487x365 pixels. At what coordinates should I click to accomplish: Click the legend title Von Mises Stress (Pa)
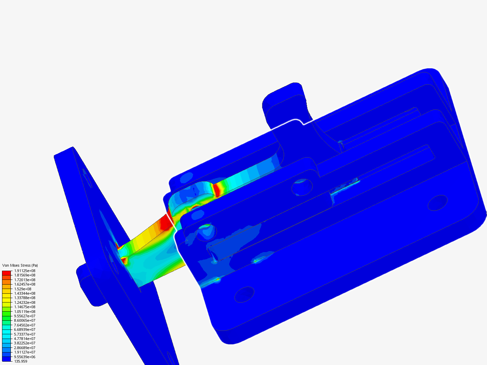[x=20, y=265]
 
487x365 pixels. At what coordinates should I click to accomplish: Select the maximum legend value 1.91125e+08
[x=24, y=271]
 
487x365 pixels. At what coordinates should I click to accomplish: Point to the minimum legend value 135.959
[x=21, y=361]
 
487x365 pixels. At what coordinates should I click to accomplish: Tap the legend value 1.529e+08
[x=22, y=289]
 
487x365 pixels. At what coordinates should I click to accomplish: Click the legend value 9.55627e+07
[x=24, y=316]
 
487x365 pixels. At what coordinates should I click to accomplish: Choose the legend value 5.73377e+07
[x=24, y=334]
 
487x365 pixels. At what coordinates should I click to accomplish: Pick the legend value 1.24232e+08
[x=24, y=302]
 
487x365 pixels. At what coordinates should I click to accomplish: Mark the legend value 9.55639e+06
[x=24, y=357]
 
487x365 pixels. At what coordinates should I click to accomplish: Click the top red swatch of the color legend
[x=6, y=273]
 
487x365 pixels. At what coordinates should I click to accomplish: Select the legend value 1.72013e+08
[x=24, y=280]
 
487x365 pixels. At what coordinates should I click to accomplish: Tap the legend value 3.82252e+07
[x=24, y=343]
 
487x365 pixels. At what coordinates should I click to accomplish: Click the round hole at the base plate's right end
[x=438, y=203]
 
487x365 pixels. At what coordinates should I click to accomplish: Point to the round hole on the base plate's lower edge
[x=244, y=294]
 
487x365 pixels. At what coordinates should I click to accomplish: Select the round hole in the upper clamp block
[x=302, y=187]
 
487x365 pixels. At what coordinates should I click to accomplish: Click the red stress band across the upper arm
[x=216, y=190]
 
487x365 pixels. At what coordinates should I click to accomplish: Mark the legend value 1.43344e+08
[x=24, y=293]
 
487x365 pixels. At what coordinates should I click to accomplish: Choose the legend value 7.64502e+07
[x=24, y=325]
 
